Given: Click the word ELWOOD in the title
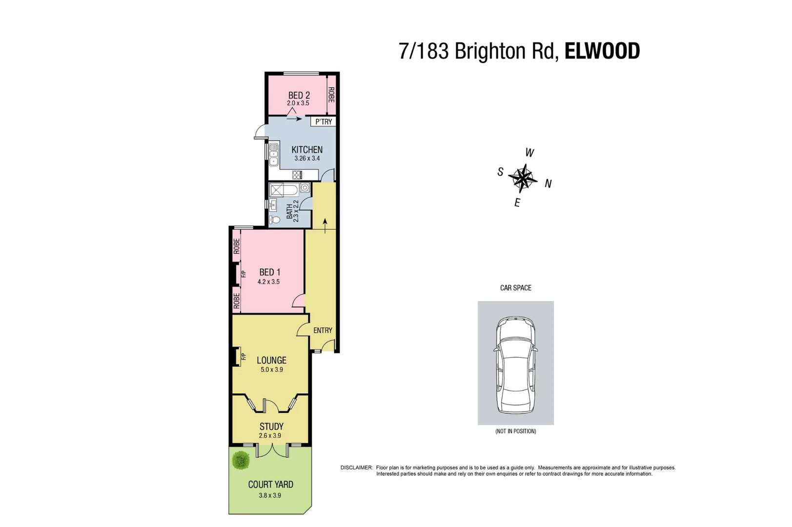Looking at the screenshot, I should coord(602,51).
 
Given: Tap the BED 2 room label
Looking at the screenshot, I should coord(299,95).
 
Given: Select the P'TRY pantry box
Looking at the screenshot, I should coord(324,122).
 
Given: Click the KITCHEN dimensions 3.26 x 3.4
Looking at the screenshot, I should coord(307,158).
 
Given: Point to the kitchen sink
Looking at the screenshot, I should coord(274,154).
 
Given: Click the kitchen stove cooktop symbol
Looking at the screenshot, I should coord(297,175).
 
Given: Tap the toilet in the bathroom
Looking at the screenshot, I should coord(275,220).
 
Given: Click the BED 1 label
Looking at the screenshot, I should coord(269,272).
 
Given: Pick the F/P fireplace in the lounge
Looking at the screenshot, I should coord(243,357).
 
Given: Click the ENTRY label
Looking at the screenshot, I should coord(323,330).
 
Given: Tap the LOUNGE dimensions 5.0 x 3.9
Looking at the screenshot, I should coord(271,369).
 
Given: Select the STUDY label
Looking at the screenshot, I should coord(271,426).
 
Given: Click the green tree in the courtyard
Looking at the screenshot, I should coord(241,460).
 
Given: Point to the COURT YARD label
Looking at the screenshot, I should coord(270,484).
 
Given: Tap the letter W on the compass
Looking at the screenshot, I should coord(529,153).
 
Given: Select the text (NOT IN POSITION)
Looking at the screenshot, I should coord(515,431).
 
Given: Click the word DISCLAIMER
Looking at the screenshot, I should coord(356,467).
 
